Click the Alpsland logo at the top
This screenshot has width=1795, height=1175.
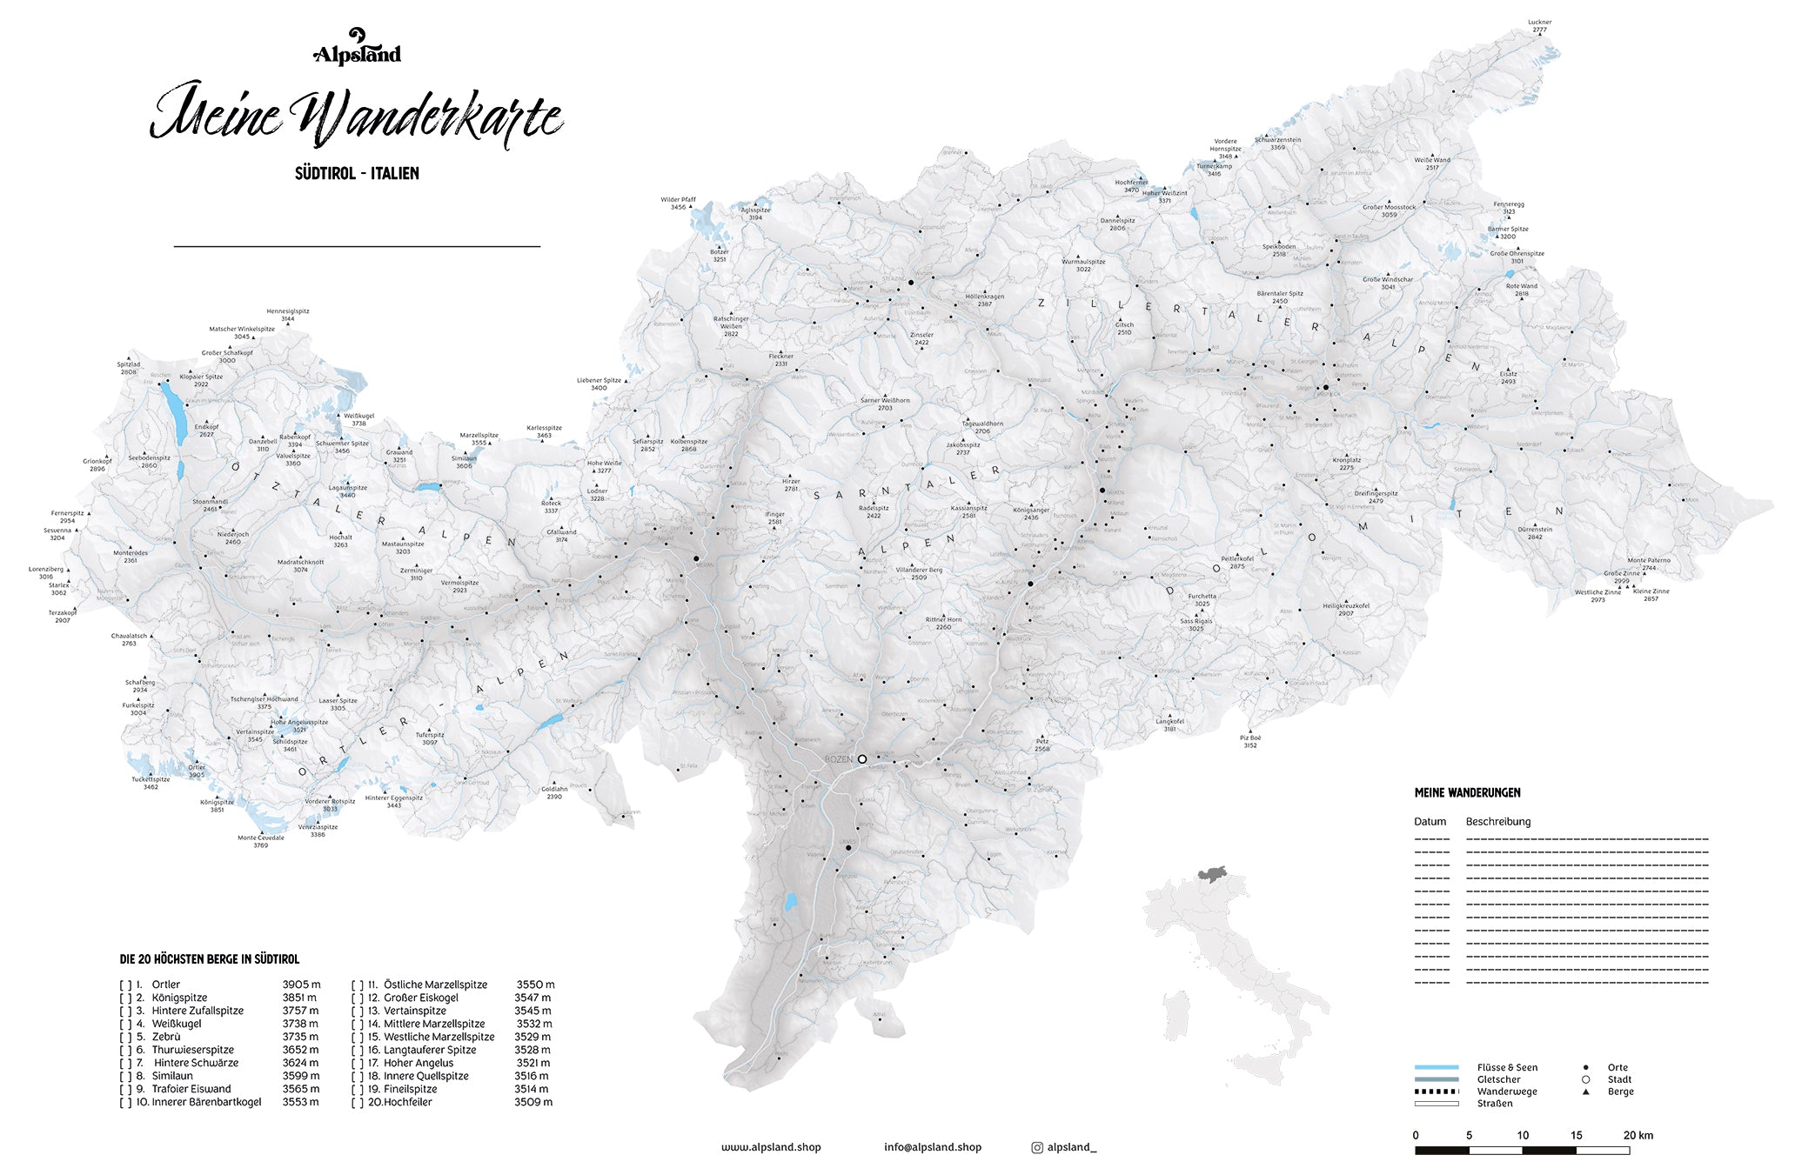coord(357,48)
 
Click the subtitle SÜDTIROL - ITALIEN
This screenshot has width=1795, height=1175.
coord(357,173)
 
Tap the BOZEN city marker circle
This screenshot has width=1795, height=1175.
coord(862,759)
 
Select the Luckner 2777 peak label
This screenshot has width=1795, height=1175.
coord(1539,26)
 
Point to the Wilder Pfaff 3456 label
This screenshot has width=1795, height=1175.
coord(678,204)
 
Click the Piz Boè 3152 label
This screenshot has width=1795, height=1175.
coord(1250,741)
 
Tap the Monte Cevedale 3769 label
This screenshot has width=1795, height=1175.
coord(261,841)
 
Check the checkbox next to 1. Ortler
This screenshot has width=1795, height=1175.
coord(125,985)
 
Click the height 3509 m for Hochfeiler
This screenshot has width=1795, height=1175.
coord(532,1102)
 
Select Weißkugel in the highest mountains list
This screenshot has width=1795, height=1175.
coord(177,1024)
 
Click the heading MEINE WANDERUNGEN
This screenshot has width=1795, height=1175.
coord(1467,792)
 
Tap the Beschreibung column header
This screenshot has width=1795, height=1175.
coord(1497,821)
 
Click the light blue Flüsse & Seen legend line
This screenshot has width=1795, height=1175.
coord(1436,1067)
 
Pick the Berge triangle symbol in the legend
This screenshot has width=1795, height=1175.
coord(1585,1092)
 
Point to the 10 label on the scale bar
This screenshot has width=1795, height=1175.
coord(1523,1135)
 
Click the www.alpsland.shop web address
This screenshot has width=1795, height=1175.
coord(771,1147)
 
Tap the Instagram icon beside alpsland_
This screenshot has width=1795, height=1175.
coord(1037,1148)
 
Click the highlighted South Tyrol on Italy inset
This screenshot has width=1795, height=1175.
coord(1212,872)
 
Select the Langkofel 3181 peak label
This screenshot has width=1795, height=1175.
coord(1169,724)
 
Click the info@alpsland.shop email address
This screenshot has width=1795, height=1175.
coord(933,1147)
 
